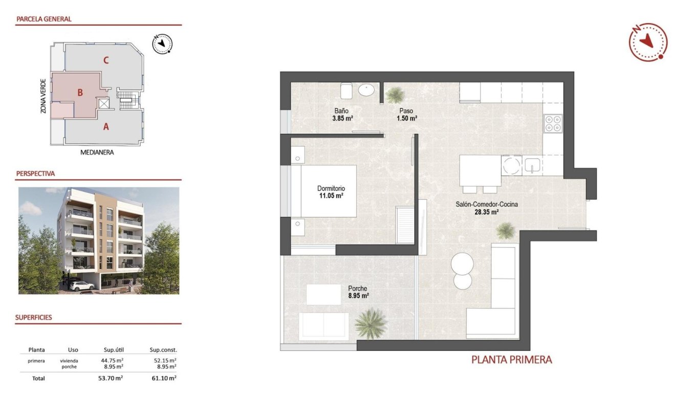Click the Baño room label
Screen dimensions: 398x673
(x=341, y=110)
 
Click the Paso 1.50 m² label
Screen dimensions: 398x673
(x=406, y=114)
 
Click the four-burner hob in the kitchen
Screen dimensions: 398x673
(x=553, y=123)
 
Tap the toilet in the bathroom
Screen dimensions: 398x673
(x=346, y=91)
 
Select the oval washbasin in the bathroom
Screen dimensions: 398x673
(x=366, y=91)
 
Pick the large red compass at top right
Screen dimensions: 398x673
(x=647, y=42)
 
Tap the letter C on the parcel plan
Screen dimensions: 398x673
(x=106, y=60)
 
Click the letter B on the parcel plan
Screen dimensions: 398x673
(x=80, y=93)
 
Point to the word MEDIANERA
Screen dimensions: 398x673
(x=97, y=152)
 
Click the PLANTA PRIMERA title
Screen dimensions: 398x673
(x=511, y=360)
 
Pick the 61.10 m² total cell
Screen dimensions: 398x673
(x=165, y=378)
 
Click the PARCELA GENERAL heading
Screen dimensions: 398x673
(x=44, y=19)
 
